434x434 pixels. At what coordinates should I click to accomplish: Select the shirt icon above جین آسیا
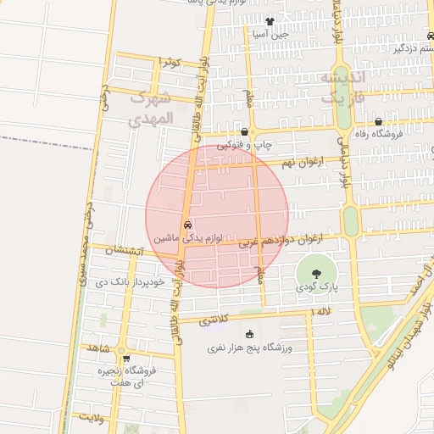[270, 22]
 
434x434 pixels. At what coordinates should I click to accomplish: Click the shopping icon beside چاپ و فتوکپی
[244, 132]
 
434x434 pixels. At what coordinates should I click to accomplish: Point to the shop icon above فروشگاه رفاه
[378, 121]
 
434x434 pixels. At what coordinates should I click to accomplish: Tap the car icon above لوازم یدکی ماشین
[187, 225]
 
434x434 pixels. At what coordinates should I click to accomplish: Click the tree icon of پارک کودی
[316, 274]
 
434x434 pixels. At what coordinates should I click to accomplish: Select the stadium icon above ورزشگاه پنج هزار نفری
[248, 334]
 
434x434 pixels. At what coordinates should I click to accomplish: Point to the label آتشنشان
[125, 251]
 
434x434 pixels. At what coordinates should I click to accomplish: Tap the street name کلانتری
[214, 320]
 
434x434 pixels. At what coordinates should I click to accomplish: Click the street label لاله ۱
[321, 313]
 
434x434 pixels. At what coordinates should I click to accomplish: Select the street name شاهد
[98, 348]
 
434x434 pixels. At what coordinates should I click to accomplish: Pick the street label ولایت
[91, 417]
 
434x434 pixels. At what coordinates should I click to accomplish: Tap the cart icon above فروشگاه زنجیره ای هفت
[126, 359]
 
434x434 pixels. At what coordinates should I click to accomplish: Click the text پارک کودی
[315, 289]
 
